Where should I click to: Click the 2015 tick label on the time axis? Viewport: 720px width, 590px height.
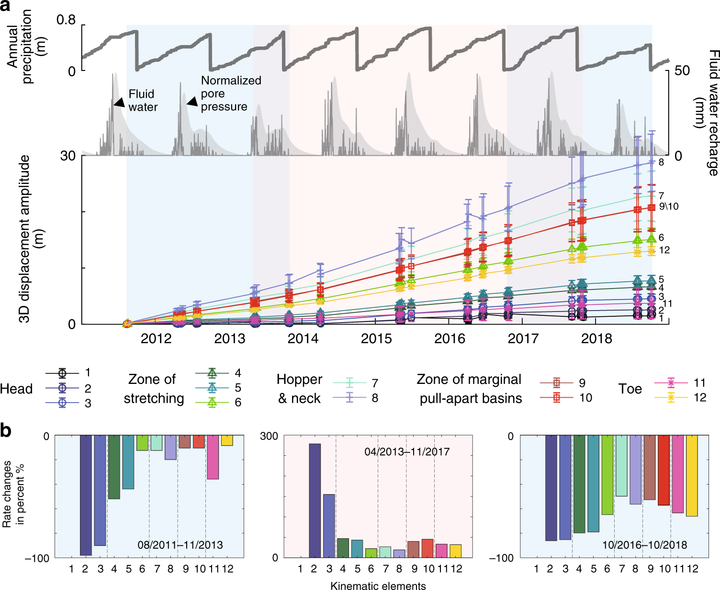pos(376,339)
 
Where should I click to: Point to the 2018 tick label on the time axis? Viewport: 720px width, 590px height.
pos(596,339)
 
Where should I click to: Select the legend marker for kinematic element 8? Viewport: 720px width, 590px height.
pos(350,398)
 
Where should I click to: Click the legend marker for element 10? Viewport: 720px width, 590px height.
pos(556,397)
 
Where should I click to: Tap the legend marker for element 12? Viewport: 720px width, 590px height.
pos(671,397)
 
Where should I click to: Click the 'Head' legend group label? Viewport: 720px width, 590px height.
pos(16,389)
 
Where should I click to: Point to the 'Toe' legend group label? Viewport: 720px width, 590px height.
pos(630,389)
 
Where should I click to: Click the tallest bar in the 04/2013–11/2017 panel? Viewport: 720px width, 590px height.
pos(315,500)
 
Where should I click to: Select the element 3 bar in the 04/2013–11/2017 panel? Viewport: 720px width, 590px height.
pos(329,526)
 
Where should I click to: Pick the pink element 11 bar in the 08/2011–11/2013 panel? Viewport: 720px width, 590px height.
pos(213,457)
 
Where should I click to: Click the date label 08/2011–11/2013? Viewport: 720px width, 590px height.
pos(180,545)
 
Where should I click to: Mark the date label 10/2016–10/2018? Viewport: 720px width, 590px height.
pos(644,545)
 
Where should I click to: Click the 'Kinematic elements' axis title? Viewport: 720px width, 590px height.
pos(378,585)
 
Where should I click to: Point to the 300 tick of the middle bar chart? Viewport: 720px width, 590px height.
pos(269,436)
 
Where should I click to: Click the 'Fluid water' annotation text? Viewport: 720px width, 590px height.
pos(142,101)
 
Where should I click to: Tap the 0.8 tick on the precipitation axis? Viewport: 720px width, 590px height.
pos(66,20)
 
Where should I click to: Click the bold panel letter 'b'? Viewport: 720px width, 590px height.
pos(6,431)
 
